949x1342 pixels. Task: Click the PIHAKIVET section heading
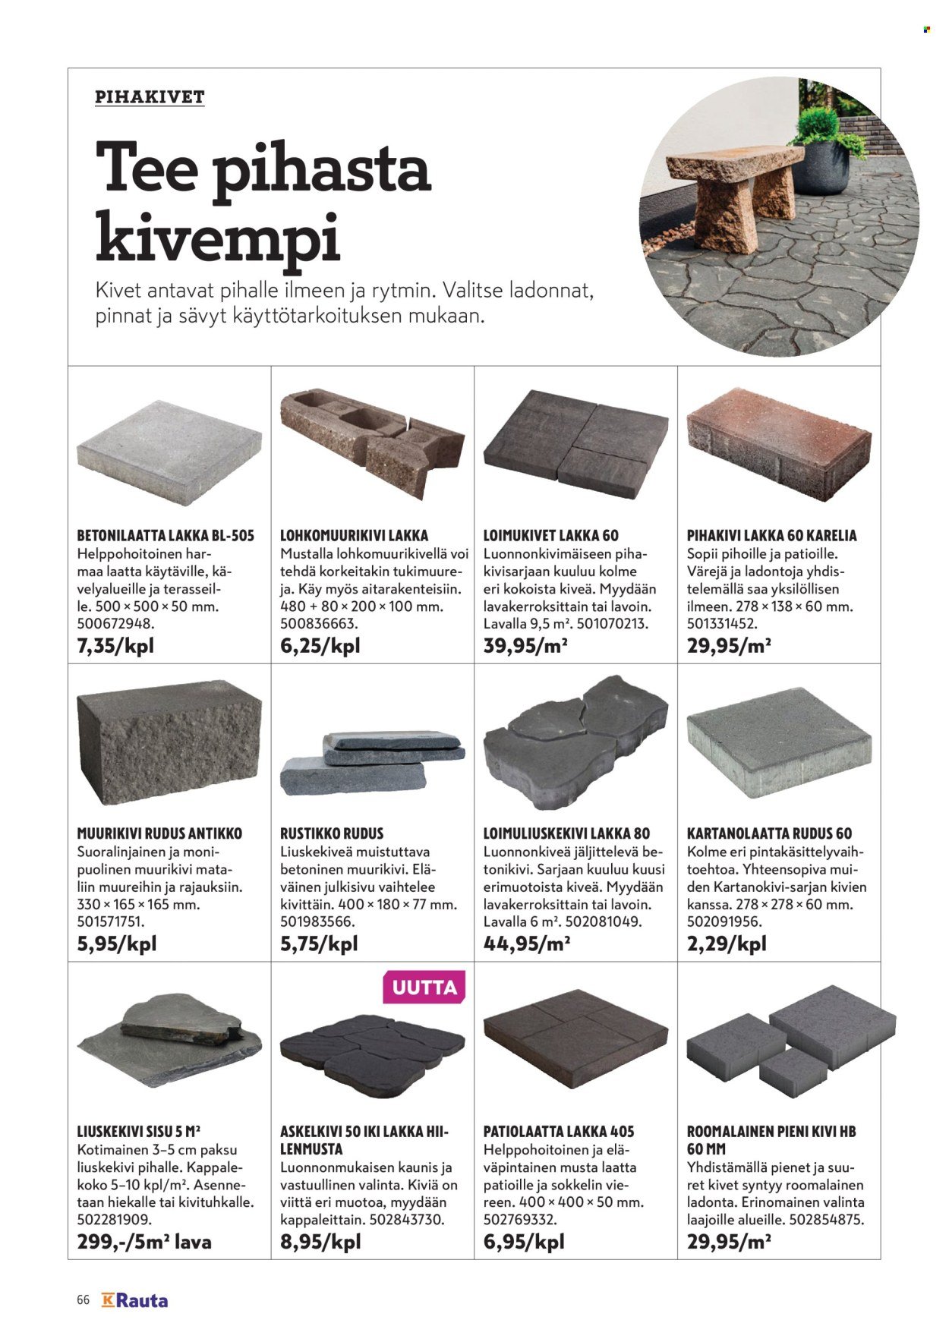tap(150, 97)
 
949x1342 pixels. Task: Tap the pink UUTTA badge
tap(424, 988)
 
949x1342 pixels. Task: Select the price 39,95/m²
tap(526, 647)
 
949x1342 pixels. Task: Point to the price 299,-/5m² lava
tap(144, 1243)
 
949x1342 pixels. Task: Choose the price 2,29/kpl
tap(727, 944)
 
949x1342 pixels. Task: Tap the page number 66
tap(84, 1300)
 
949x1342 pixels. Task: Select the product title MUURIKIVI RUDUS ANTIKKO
tap(159, 833)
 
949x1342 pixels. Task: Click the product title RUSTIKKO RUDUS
tap(332, 833)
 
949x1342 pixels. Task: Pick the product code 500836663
tap(318, 624)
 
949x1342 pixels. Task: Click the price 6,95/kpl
tap(524, 1243)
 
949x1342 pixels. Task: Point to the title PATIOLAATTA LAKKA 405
tap(559, 1132)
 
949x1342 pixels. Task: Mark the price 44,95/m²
tap(526, 944)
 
